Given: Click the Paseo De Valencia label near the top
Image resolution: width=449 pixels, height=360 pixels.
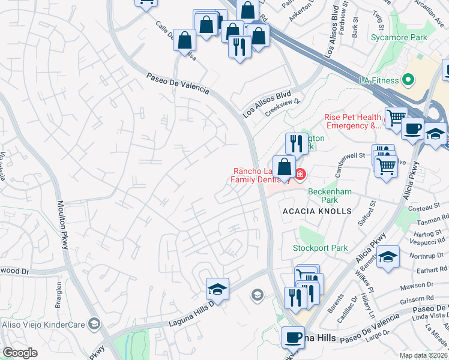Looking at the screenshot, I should point(178,83).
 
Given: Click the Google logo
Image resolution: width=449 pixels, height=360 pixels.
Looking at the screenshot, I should point(20,353).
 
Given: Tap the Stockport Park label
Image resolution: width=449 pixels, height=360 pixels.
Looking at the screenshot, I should point(320,248).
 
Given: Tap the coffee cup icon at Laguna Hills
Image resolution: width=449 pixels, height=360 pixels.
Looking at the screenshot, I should point(293,337).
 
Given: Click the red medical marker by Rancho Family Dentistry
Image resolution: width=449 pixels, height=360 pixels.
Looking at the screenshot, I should point(300,175).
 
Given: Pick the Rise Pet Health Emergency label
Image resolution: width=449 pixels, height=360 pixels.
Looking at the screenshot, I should point(353,121).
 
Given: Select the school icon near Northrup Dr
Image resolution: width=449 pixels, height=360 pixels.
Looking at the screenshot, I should point(388,257).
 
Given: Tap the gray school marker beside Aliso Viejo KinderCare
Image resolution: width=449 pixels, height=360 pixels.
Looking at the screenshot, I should point(93,324).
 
